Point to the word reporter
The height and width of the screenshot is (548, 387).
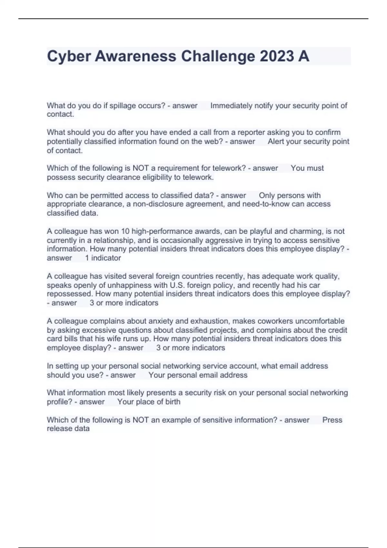tap(251, 132)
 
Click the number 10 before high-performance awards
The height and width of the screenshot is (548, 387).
tap(125, 231)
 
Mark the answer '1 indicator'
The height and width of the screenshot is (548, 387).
tap(103, 258)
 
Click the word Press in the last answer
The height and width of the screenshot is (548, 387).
tap(332, 420)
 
